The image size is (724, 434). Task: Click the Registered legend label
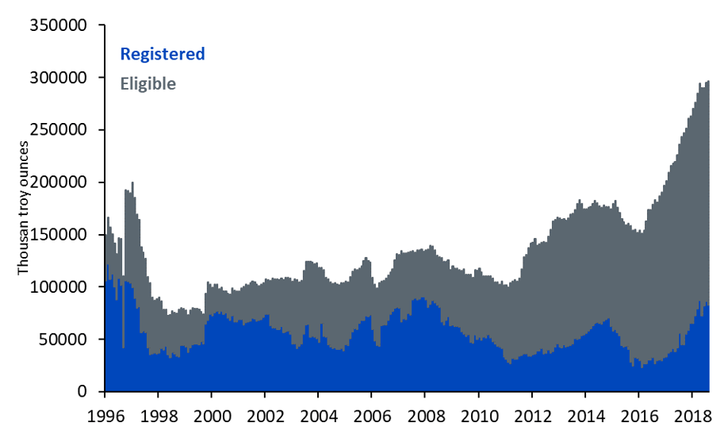click(162, 54)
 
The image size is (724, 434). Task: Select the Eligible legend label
click(147, 83)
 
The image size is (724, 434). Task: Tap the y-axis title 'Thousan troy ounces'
click(24, 209)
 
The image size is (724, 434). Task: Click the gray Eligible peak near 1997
click(132, 184)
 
